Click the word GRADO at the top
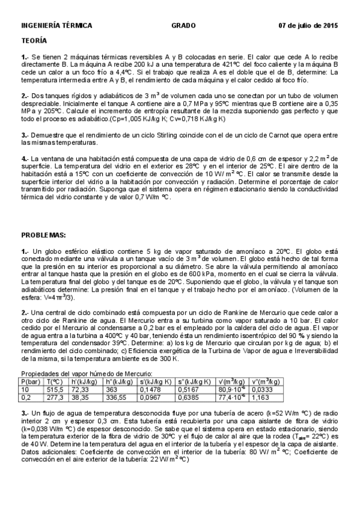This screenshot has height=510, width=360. (x=183, y=26)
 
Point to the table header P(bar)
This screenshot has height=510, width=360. (x=30, y=381)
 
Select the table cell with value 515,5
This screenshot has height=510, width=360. (x=55, y=390)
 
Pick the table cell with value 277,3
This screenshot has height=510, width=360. (x=55, y=398)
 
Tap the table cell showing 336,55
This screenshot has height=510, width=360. (x=117, y=398)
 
